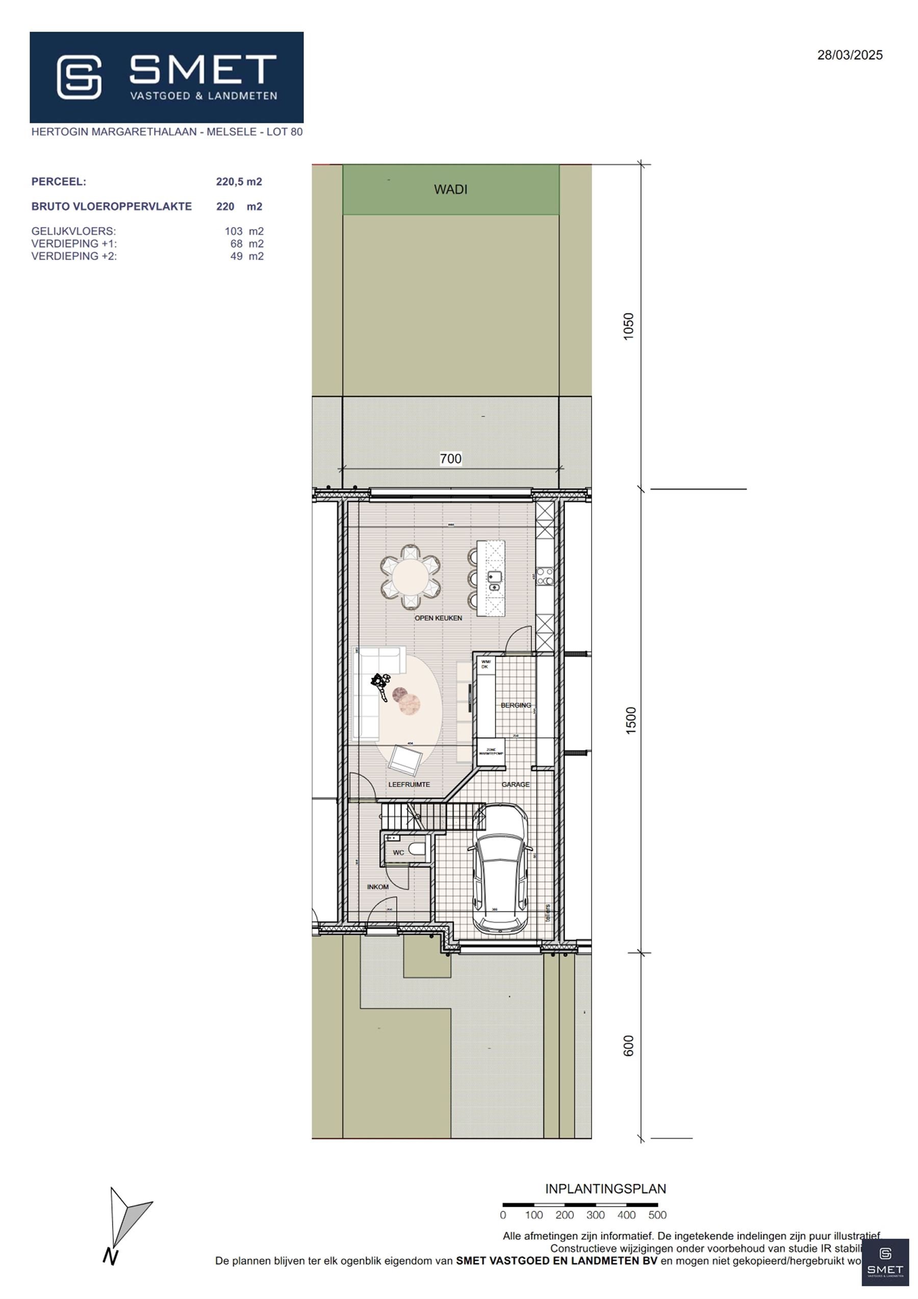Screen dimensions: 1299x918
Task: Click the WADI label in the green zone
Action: (x=450, y=189)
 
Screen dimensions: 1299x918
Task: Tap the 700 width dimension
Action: (x=450, y=459)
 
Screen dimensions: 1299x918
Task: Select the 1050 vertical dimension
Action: (x=628, y=327)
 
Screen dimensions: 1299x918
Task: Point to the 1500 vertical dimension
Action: (x=631, y=720)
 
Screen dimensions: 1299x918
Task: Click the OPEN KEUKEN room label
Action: (x=439, y=618)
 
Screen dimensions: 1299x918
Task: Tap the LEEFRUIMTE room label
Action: (x=409, y=784)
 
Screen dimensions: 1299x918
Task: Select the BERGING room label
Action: (x=515, y=705)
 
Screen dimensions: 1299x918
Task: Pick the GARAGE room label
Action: (x=515, y=784)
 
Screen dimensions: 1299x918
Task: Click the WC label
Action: (x=398, y=853)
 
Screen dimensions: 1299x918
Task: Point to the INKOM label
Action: (x=378, y=887)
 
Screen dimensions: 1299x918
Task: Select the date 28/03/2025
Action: (x=850, y=55)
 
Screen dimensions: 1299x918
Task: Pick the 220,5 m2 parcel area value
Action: (x=239, y=182)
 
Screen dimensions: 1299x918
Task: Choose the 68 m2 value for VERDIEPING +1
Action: (x=247, y=244)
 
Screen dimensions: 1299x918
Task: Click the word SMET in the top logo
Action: (x=202, y=69)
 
